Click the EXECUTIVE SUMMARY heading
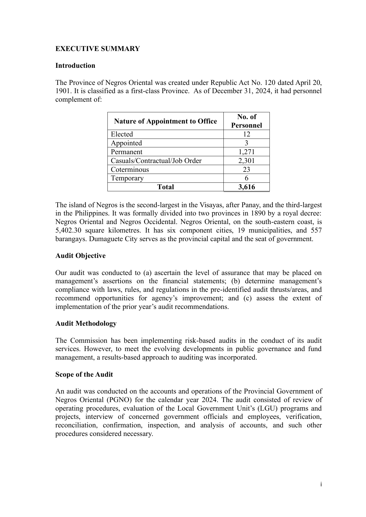click(97, 49)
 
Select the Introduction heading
click(75, 65)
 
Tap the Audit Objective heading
click(80, 256)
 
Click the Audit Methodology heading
click(86, 323)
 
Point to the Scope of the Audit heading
click(84, 374)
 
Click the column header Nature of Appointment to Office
click(165, 121)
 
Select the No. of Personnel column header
click(246, 121)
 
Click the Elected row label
click(122, 134)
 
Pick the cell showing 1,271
click(246, 152)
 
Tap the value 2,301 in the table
click(246, 161)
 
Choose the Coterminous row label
click(130, 169)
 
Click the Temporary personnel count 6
click(246, 178)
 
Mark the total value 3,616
click(246, 187)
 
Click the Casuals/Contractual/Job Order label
click(156, 161)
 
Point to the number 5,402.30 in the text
click(68, 230)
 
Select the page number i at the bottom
click(321, 484)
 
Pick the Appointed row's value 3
click(246, 143)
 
